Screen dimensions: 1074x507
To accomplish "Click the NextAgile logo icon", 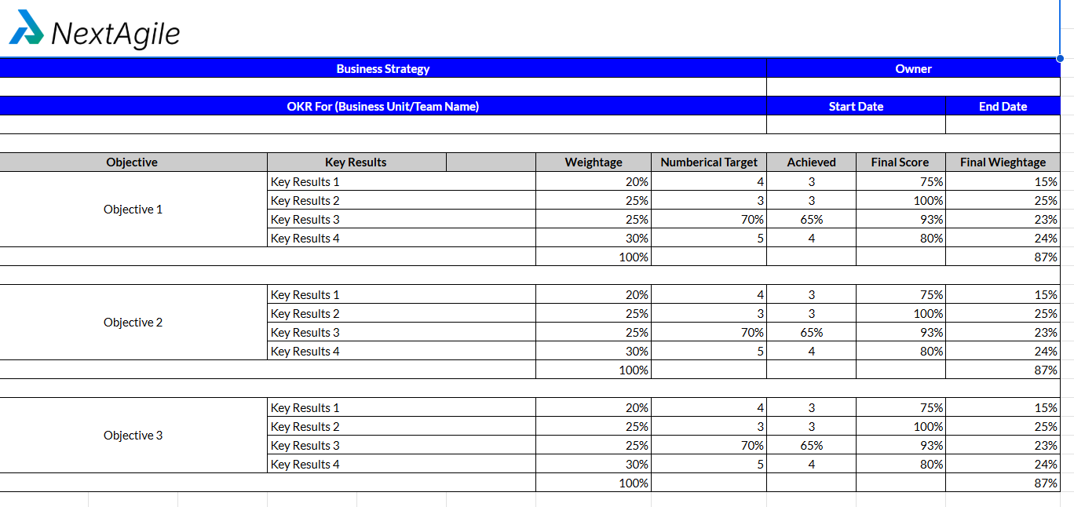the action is (x=27, y=28).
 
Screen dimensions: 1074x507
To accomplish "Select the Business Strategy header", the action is (x=383, y=68).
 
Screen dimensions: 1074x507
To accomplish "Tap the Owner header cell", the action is (x=913, y=68).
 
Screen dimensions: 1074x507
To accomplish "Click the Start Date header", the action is (x=856, y=106).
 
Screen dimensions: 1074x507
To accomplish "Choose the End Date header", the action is (x=1003, y=106).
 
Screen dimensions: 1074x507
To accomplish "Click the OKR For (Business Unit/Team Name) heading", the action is (x=383, y=106).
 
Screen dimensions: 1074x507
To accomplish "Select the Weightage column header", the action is (x=594, y=162).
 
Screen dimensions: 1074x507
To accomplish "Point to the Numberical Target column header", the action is (x=709, y=162).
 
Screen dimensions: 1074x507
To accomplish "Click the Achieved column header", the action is (x=811, y=162).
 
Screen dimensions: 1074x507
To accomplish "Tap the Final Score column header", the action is (x=900, y=162).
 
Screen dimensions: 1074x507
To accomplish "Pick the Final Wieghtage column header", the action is (x=1003, y=162).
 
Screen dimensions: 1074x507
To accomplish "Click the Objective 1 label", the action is (x=133, y=210).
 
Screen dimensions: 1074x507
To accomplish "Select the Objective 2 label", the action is (x=133, y=323).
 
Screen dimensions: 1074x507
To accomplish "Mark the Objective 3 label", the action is (x=133, y=436).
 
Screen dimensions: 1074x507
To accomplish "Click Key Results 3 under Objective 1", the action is (x=305, y=220).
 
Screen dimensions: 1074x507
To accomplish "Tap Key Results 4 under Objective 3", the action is (x=305, y=465).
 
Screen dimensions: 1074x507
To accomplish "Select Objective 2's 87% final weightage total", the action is (x=1046, y=370).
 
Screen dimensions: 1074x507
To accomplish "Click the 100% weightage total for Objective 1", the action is (x=634, y=257).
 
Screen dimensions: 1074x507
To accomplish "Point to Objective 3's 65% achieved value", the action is (x=811, y=446).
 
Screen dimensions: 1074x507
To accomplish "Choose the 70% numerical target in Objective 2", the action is (x=752, y=333).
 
